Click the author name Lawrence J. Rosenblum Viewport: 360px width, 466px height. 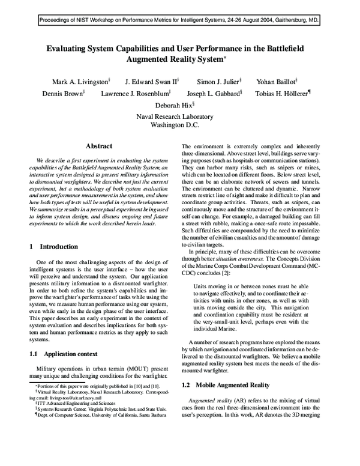(x=136, y=94)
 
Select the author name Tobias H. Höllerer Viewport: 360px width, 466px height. (x=283, y=94)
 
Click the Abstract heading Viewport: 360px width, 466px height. (x=100, y=146)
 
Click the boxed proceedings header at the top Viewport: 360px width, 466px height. (x=180, y=20)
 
